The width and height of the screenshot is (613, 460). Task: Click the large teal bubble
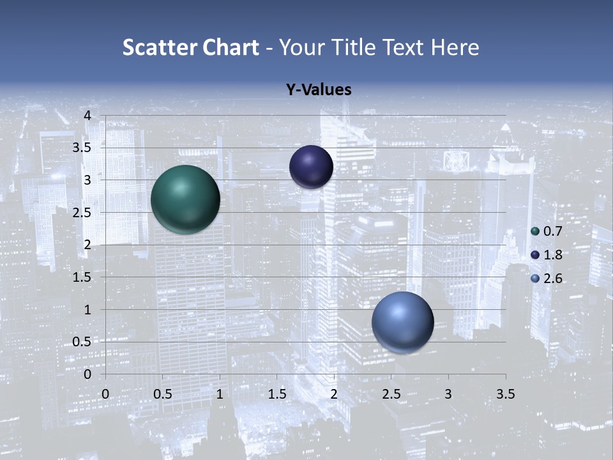(185, 199)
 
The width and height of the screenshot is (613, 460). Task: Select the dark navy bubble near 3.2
(311, 167)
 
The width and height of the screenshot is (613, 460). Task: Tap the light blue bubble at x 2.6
(402, 322)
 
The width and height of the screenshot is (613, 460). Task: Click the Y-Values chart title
(318, 90)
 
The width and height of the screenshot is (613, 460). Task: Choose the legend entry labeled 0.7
(546, 231)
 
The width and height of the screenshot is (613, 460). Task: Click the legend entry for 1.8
(546, 255)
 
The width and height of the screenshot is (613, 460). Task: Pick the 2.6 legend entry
(546, 279)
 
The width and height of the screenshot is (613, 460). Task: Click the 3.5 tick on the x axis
(505, 394)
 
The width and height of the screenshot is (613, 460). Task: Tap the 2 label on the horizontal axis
(334, 394)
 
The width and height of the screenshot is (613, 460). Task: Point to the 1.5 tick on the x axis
(276, 394)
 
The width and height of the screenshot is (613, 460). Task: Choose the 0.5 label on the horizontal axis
(162, 394)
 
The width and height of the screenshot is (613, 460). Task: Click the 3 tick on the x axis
(448, 394)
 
